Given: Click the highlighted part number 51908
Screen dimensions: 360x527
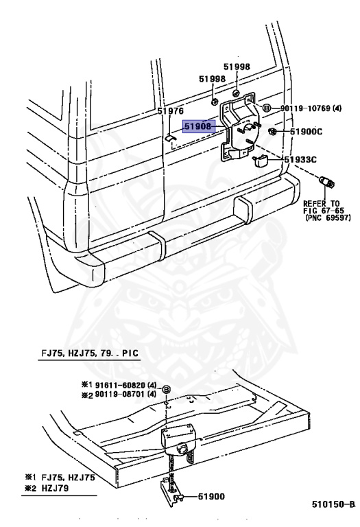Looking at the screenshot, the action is pyautogui.click(x=198, y=126).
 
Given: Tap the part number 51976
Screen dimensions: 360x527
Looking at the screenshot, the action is pyautogui.click(x=171, y=111).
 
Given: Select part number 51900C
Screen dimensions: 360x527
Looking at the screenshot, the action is pyautogui.click(x=306, y=132).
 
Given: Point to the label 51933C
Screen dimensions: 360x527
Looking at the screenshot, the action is pyautogui.click(x=300, y=159).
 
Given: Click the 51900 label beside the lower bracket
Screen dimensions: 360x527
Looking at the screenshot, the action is pyautogui.click(x=211, y=496).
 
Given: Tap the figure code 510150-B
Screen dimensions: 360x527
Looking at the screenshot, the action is pyautogui.click(x=333, y=504).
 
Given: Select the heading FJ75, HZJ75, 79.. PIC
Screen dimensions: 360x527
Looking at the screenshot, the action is pyautogui.click(x=90, y=353).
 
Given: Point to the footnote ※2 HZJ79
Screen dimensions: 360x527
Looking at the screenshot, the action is pyautogui.click(x=47, y=488).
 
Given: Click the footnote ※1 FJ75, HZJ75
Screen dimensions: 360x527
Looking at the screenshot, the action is pyautogui.click(x=60, y=478).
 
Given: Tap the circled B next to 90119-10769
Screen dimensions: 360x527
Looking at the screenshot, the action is pyautogui.click(x=266, y=108).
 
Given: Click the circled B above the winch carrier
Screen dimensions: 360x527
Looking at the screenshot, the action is pyautogui.click(x=167, y=390).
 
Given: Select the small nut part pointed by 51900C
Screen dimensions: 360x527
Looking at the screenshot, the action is pyautogui.click(x=272, y=131).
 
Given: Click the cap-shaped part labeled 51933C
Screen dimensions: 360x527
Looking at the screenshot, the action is pyautogui.click(x=259, y=161).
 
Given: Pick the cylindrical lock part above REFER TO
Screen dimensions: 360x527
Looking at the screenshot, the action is pyautogui.click(x=326, y=181).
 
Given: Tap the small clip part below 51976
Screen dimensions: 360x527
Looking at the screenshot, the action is pyautogui.click(x=171, y=138).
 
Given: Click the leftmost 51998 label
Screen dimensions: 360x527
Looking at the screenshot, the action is pyautogui.click(x=213, y=79).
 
